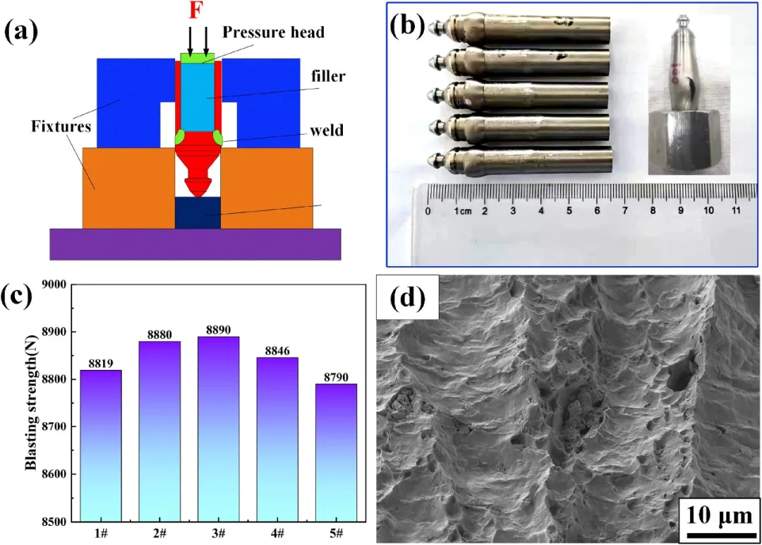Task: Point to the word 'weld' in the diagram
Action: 329,130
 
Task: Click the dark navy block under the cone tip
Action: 198,212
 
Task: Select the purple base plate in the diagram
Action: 195,244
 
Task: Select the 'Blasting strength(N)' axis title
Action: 30,403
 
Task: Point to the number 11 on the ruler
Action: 735,210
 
